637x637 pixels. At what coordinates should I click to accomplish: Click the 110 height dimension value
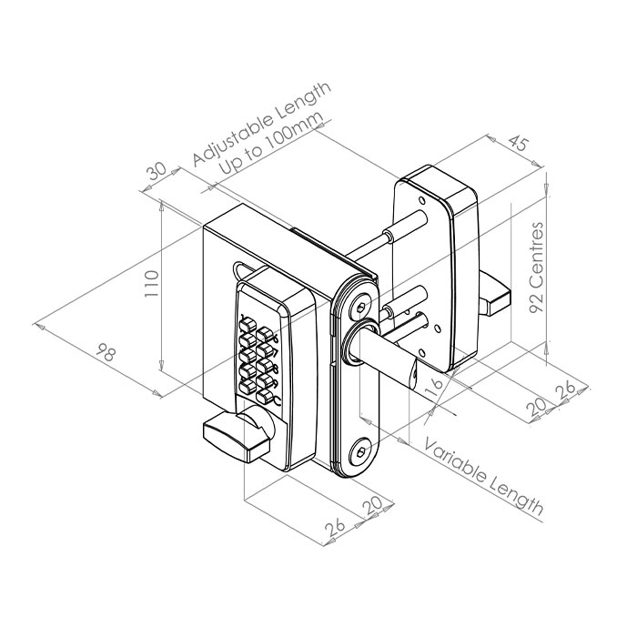click(152, 284)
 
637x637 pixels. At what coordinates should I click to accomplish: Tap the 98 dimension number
click(106, 353)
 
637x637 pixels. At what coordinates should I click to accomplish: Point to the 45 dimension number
click(519, 144)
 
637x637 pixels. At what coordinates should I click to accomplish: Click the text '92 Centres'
click(537, 268)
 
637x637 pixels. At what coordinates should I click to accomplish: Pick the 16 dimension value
click(433, 387)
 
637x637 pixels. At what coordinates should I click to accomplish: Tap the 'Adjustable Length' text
click(262, 124)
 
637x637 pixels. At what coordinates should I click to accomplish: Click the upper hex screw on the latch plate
click(361, 308)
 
